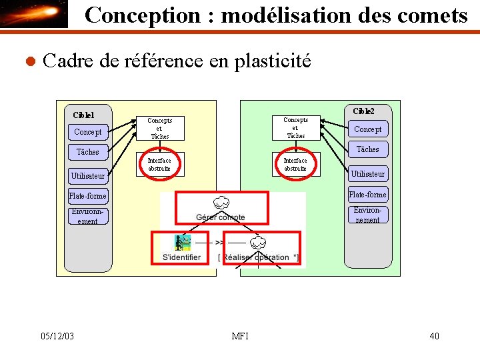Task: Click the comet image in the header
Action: click(x=34, y=14)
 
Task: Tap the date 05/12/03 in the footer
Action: click(x=57, y=335)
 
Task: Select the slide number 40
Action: click(x=434, y=335)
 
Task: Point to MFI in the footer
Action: click(x=240, y=335)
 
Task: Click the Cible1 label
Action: click(x=83, y=115)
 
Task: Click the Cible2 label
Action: click(x=363, y=111)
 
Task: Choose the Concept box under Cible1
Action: click(x=88, y=132)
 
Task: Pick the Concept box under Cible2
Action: click(x=368, y=129)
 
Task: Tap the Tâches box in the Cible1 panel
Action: click(x=87, y=152)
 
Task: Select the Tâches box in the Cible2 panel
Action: click(x=368, y=149)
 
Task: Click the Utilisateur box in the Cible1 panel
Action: click(x=88, y=176)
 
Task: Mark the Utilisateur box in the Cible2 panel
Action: click(x=368, y=174)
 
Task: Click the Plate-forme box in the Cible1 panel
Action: click(x=88, y=196)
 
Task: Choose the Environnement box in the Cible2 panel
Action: click(x=368, y=215)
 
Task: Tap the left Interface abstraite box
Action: click(x=159, y=165)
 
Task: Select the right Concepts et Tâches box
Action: click(x=295, y=128)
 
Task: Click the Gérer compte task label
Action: click(x=221, y=217)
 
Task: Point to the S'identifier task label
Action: click(x=181, y=257)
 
